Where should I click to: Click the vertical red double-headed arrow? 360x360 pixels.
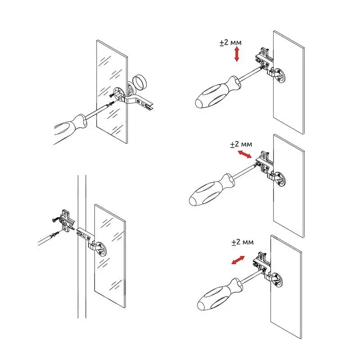237,54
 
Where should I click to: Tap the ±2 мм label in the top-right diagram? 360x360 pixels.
230,42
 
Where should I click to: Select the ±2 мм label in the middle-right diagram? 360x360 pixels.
241,144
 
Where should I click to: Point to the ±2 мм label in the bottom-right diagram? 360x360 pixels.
243,242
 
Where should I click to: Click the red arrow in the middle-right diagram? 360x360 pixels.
244,154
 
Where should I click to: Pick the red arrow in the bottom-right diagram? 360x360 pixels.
238,260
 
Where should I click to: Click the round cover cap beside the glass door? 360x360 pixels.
139,81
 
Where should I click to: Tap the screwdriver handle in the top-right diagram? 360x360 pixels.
218,93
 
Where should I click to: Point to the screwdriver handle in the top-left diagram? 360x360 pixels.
71,129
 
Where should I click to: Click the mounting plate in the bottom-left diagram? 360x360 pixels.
67,220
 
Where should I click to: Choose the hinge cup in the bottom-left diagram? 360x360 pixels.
101,249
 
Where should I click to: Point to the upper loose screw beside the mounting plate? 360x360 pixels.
57,220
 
